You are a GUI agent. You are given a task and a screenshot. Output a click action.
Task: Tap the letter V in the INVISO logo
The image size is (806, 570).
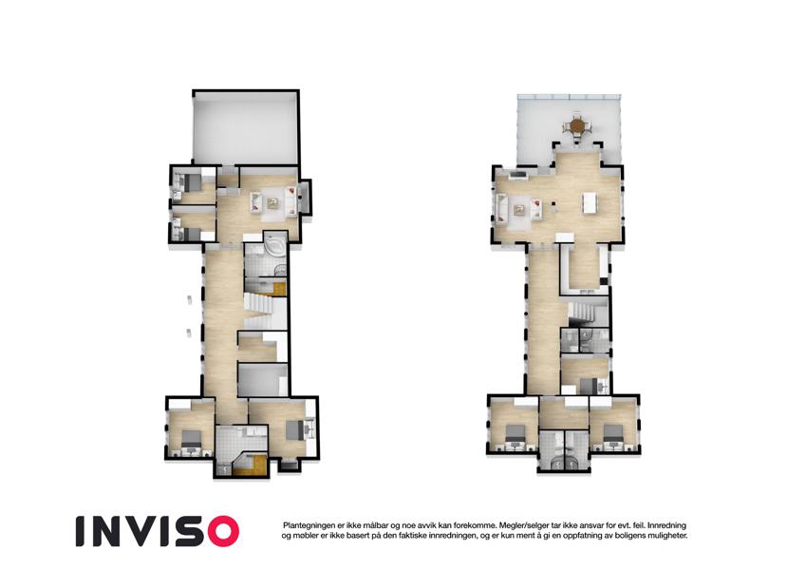[x=147, y=531]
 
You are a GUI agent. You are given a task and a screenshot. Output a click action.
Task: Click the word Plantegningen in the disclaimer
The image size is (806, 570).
[x=307, y=525]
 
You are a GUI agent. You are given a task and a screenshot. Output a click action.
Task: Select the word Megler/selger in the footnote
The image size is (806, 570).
[x=519, y=525]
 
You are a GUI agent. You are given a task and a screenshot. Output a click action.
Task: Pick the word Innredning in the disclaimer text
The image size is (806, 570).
[x=666, y=525]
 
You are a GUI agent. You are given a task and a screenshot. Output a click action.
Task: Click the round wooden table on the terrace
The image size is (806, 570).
[x=578, y=125]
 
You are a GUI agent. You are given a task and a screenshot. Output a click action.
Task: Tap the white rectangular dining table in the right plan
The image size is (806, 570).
[x=590, y=202]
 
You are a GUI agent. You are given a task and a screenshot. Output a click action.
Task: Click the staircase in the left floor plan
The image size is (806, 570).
[x=261, y=310]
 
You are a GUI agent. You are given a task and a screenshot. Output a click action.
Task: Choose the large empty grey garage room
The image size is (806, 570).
[x=246, y=127]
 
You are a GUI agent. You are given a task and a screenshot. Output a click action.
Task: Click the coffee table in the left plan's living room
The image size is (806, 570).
[x=273, y=203]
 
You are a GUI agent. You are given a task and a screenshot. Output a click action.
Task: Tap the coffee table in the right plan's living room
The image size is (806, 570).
[x=520, y=209]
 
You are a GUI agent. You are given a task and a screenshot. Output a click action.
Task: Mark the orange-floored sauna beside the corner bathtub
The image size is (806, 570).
[x=279, y=289]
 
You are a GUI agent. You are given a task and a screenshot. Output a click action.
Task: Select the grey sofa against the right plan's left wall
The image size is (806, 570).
[x=500, y=209]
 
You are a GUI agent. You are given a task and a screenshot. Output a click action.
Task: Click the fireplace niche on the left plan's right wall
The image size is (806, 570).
[x=305, y=197]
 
